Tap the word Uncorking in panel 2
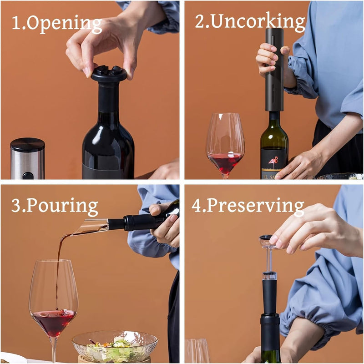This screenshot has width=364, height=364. click(x=257, y=21)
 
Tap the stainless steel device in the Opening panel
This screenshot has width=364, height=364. click(x=27, y=158)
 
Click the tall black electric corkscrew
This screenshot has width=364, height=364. click(x=274, y=68)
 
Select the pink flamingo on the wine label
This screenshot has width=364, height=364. click(x=274, y=162)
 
